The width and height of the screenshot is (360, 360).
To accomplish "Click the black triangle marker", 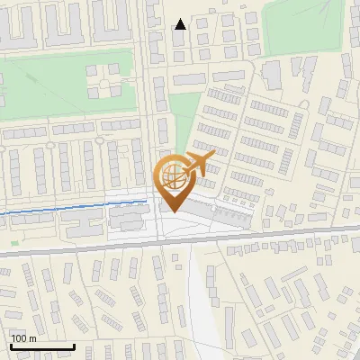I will point(181,24).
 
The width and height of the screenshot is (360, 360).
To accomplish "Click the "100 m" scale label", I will point(24,338).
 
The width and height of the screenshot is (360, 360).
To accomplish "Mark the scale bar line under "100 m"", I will point(41,346).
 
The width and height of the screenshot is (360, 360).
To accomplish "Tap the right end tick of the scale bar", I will point(74,345).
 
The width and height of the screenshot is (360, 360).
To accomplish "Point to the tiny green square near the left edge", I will point(14,241).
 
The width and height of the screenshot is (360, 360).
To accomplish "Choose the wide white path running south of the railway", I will point(200,297).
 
